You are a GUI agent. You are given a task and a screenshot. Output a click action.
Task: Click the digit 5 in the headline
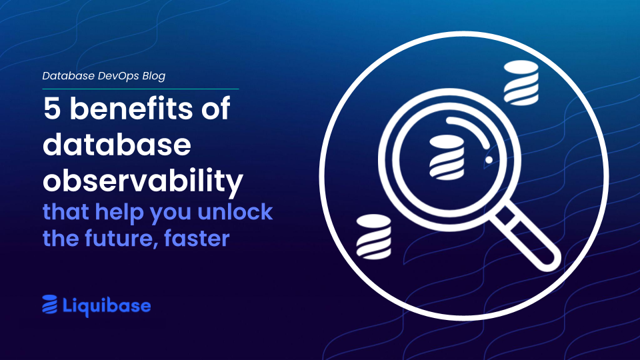52,108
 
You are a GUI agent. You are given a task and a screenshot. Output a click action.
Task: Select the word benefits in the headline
129,108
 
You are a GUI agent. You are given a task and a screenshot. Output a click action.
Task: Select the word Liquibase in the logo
107,306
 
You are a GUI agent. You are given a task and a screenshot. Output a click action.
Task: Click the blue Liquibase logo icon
50,305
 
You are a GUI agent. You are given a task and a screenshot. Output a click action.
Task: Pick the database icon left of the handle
373,237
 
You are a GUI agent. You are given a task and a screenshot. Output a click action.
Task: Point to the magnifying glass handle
527,236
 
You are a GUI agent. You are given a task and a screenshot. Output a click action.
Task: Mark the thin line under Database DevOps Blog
140,88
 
